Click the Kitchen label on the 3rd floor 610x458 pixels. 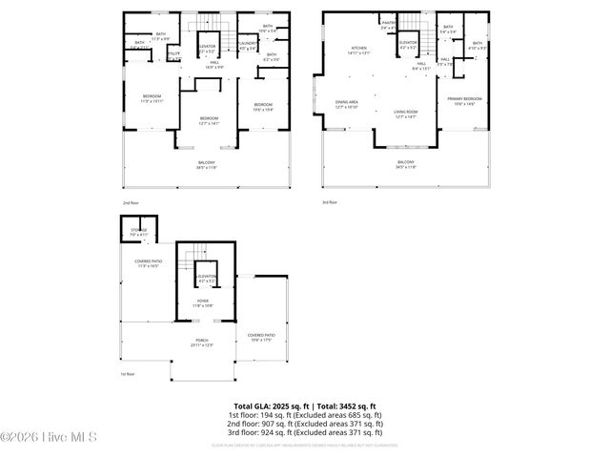358,50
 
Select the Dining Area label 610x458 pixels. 347,103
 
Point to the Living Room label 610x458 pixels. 407,114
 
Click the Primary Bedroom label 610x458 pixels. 464,100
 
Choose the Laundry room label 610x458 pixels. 248,45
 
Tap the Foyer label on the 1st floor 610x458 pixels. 204,302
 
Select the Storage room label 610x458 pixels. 139,230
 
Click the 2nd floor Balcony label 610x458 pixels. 207,165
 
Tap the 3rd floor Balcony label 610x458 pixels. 406,165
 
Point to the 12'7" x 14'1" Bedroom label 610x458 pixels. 209,119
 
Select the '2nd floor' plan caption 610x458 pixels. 130,203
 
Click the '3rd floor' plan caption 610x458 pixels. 331,202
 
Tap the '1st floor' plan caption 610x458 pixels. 127,374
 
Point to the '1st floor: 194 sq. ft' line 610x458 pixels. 305,416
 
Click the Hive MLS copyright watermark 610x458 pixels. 44,438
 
